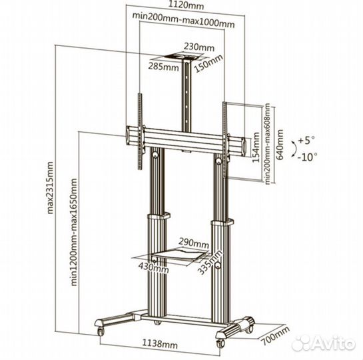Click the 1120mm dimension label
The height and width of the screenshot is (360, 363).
[186, 5]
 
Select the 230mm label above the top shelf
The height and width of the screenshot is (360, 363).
[199, 47]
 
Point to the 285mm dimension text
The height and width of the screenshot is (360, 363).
[163, 67]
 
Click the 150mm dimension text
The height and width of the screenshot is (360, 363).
[209, 63]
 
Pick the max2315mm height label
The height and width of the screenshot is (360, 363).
[50, 187]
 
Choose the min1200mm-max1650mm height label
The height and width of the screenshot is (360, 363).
[74, 232]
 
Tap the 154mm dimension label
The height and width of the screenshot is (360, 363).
[256, 147]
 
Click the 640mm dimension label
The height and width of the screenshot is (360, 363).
[280, 145]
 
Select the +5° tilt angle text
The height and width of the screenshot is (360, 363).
[306, 140]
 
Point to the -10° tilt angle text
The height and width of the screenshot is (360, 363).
[307, 157]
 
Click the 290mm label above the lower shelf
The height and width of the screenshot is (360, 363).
[194, 243]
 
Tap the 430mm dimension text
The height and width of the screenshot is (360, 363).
[154, 267]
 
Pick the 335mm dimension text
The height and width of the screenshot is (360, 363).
[210, 262]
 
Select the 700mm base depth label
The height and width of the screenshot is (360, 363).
[276, 335]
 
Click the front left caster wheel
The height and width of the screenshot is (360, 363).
[101, 331]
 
